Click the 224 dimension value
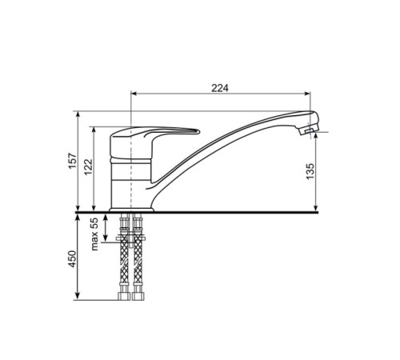click(220, 88)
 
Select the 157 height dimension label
click(72, 161)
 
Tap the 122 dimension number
click(88, 167)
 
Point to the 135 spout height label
click(310, 171)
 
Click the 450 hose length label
click(72, 259)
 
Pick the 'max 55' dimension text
click(94, 234)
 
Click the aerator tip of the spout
click(309, 130)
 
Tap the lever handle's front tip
click(198, 131)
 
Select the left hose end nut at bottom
click(124, 296)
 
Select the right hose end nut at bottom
click(138, 296)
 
